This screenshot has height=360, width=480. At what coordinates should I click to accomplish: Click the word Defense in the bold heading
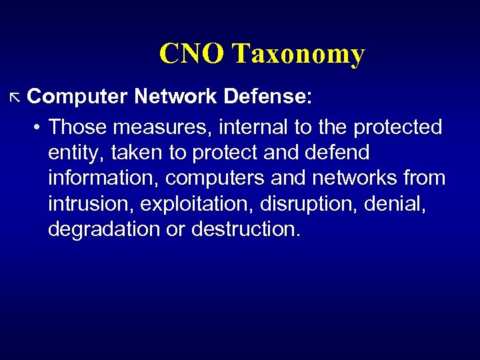[267, 97]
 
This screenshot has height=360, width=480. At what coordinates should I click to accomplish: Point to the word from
[423, 178]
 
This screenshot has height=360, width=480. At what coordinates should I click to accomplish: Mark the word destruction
[246, 229]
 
